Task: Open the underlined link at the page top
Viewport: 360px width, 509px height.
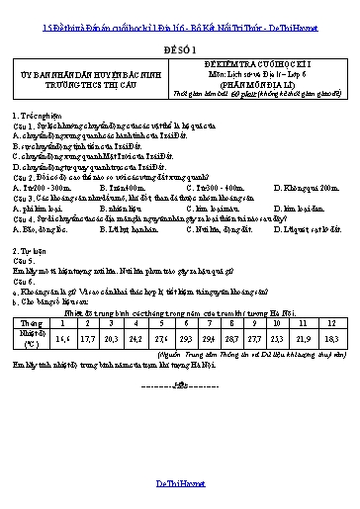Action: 180,9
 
